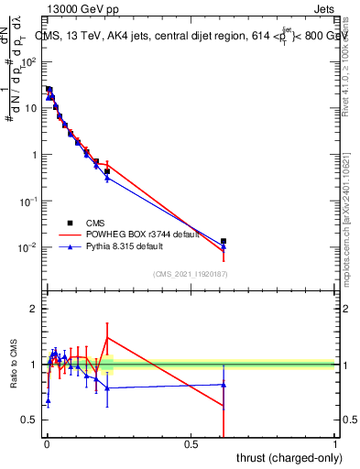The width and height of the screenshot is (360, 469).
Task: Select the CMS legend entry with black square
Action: [68, 223]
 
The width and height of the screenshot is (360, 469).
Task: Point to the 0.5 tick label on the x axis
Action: [191, 443]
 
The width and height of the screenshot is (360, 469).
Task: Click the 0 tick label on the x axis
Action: [46, 443]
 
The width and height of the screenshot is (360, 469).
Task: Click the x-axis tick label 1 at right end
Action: [335, 443]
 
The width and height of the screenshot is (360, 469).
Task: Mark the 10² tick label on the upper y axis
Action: [29, 62]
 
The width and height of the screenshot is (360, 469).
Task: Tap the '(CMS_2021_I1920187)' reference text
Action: [190, 274]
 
